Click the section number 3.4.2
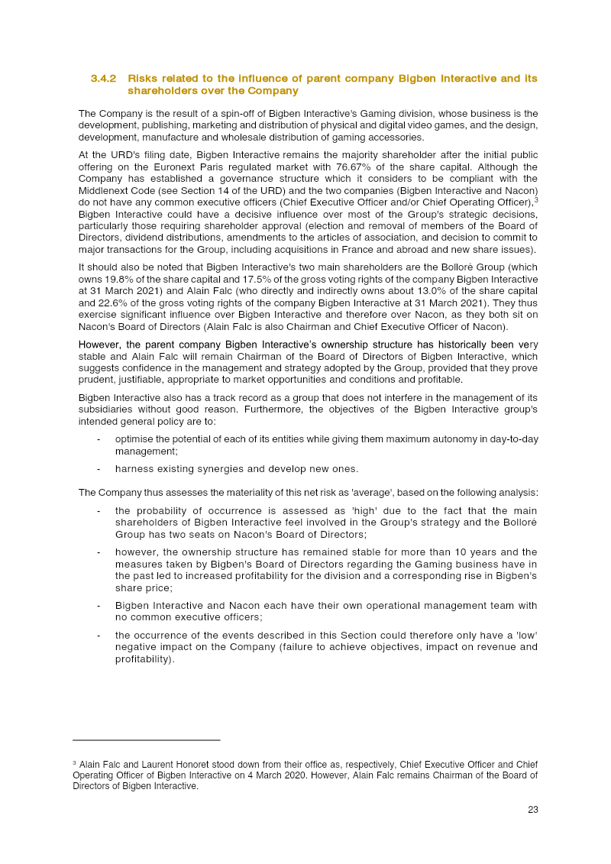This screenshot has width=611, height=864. pyautogui.click(x=103, y=79)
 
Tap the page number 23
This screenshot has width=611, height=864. pyautogui.click(x=532, y=810)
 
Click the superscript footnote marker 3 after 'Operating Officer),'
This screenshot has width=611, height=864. pyautogui.click(x=536, y=199)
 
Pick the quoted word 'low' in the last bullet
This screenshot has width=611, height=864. pyautogui.click(x=520, y=636)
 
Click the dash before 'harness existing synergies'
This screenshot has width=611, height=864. pyautogui.click(x=99, y=469)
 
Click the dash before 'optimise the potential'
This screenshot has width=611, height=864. pyautogui.click(x=99, y=438)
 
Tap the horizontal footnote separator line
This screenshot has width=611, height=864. pyautogui.click(x=146, y=739)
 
